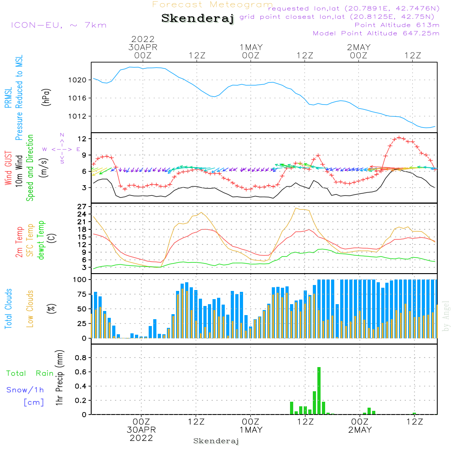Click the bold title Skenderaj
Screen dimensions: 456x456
point(197,19)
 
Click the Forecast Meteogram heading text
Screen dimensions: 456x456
point(212,5)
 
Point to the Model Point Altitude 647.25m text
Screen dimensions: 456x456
point(376,33)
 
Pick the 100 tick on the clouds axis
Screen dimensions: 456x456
point(80,279)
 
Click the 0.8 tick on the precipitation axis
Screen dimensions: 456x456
point(81,358)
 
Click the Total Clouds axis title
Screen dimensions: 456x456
point(9,309)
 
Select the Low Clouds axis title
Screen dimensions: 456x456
point(30,309)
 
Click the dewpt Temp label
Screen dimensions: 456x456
point(41,240)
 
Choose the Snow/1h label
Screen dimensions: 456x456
point(25,390)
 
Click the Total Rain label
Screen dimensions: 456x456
point(30,373)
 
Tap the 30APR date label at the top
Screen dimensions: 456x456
point(143,47)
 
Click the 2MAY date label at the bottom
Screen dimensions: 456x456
point(359,430)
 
